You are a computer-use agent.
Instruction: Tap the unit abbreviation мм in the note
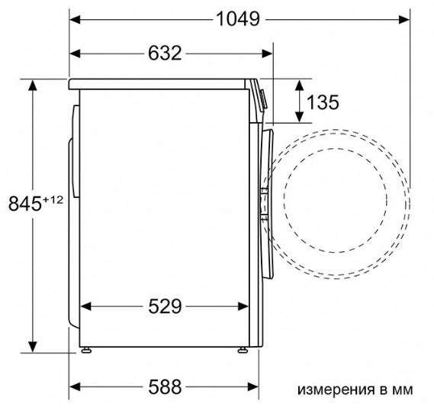402,390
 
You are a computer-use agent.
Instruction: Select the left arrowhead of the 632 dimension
76,53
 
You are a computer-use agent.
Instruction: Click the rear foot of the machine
87,351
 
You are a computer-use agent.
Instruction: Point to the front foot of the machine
243,351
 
